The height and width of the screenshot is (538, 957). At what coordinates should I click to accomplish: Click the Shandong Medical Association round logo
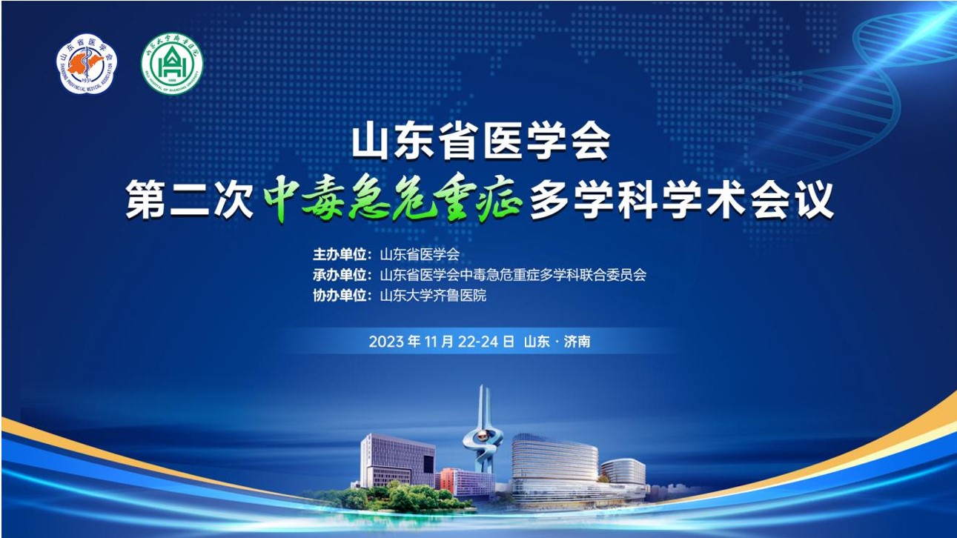coord(87,64)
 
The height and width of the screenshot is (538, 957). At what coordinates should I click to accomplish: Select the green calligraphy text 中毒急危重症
coord(394,202)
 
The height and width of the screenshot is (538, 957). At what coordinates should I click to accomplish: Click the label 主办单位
coord(342,254)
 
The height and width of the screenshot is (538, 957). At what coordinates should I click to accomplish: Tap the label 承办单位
coord(342,275)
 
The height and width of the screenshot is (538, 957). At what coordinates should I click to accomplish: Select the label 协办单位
coord(342,296)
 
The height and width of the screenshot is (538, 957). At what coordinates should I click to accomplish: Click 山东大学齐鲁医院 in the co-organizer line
coord(433,296)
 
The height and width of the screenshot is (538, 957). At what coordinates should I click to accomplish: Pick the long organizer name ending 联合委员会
coord(513,275)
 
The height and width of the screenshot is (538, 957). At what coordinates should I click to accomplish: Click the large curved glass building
coord(554,462)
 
